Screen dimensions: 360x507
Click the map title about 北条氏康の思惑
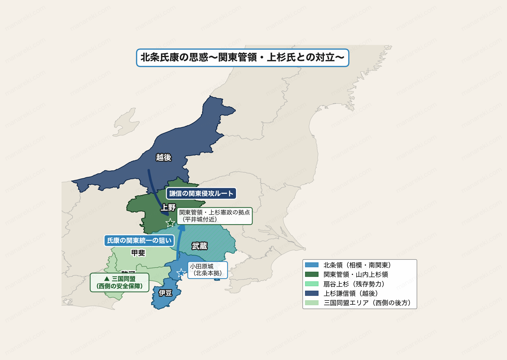coord(242,58)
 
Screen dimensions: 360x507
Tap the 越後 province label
coord(164,157)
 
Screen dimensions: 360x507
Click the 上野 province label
coord(168,207)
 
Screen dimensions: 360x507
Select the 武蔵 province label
coord(199,246)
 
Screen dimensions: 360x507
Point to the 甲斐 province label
coord(138,253)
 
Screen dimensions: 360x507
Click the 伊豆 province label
coord(165,293)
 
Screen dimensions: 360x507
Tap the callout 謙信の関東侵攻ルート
coord(201,194)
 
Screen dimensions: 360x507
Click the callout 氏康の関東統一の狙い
coord(139,241)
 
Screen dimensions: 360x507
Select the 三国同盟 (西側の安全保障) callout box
coord(119,283)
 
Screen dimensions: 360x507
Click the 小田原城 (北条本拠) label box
coord(207,270)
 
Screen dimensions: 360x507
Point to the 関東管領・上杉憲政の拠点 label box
coord(214,216)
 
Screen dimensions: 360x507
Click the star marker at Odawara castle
coord(181,273)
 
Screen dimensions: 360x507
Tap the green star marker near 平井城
coord(170,223)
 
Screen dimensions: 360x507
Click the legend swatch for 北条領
coord(312,265)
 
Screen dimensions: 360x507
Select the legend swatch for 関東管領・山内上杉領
coord(312,274)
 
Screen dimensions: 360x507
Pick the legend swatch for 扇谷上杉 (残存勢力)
coord(312,284)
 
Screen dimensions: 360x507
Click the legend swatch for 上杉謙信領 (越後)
coord(312,293)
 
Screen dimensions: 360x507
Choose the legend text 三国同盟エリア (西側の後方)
coord(367,303)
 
